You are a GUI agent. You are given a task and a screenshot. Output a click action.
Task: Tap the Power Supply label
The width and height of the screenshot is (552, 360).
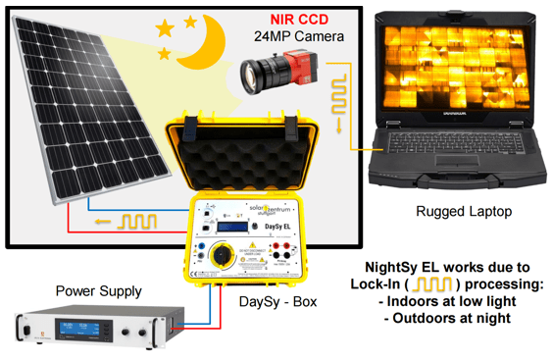[x=99, y=291]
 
